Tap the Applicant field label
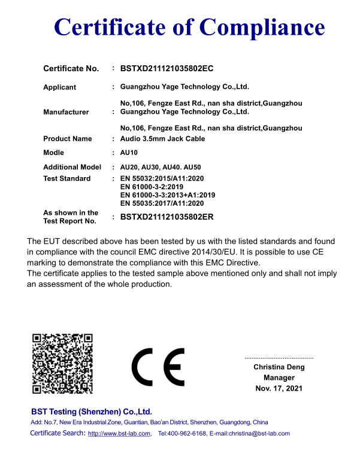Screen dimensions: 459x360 pyautogui.click(x=59, y=87)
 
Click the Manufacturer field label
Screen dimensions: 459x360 pyautogui.click(x=66, y=112)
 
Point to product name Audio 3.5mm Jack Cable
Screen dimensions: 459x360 pyautogui.click(x=162, y=139)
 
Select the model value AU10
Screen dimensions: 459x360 pyautogui.click(x=129, y=153)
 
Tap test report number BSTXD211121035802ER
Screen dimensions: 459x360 pyautogui.click(x=167, y=217)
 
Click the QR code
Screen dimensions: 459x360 pyautogui.click(x=63, y=363)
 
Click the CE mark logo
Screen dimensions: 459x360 pyautogui.click(x=158, y=367)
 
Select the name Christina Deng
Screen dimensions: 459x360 pyautogui.click(x=279, y=367)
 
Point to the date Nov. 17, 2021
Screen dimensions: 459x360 pyautogui.click(x=279, y=388)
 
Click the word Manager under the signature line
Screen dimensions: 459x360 pyautogui.click(x=279, y=378)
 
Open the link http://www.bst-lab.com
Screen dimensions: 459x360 pyautogui.click(x=119, y=434)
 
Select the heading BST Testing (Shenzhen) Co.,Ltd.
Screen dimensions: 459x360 pyautogui.click(x=91, y=412)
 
